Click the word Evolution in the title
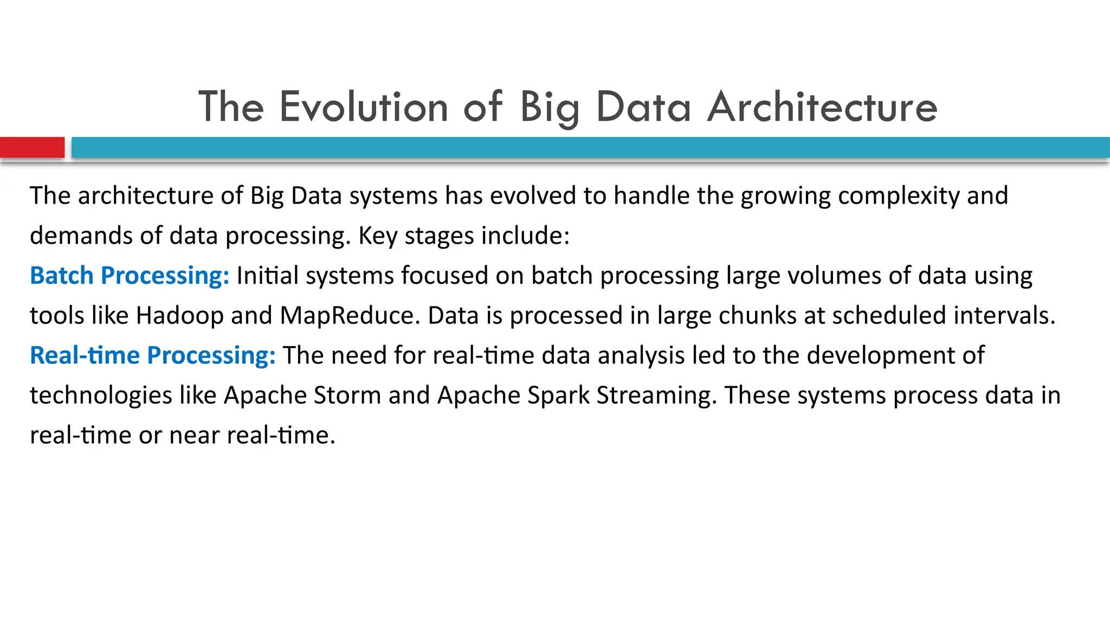[x=363, y=107]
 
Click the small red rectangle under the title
[x=32, y=147]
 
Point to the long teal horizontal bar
[x=590, y=147]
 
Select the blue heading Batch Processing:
[x=130, y=276]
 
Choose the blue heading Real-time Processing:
[x=153, y=356]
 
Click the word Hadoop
[x=179, y=316]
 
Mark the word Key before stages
[x=378, y=236]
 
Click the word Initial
[x=267, y=276]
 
